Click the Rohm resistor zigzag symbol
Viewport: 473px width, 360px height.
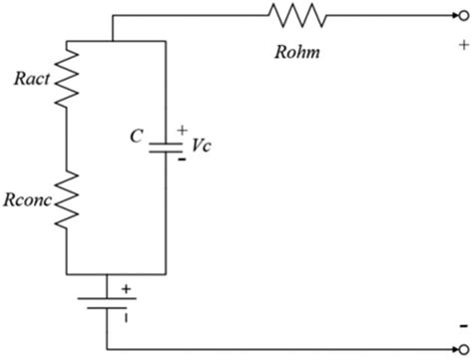tap(296, 15)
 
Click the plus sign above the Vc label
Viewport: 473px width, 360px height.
tap(181, 130)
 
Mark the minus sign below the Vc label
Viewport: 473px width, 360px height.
tap(181, 158)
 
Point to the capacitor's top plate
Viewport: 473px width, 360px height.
tap(163, 141)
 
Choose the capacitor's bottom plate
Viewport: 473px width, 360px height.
tap(163, 151)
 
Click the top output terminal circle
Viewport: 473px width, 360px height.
tap(461, 15)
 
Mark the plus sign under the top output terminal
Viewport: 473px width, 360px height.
tap(462, 45)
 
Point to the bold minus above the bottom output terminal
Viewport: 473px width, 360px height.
tap(461, 328)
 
